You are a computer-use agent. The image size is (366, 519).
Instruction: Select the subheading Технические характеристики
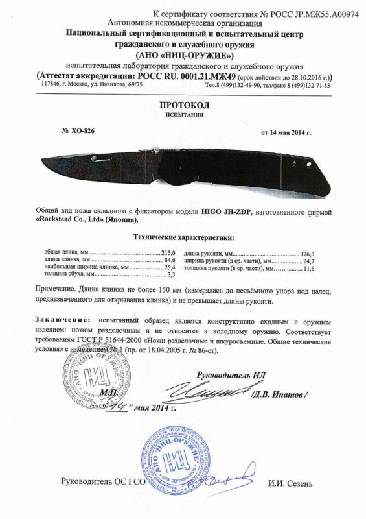coord(183,237)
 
